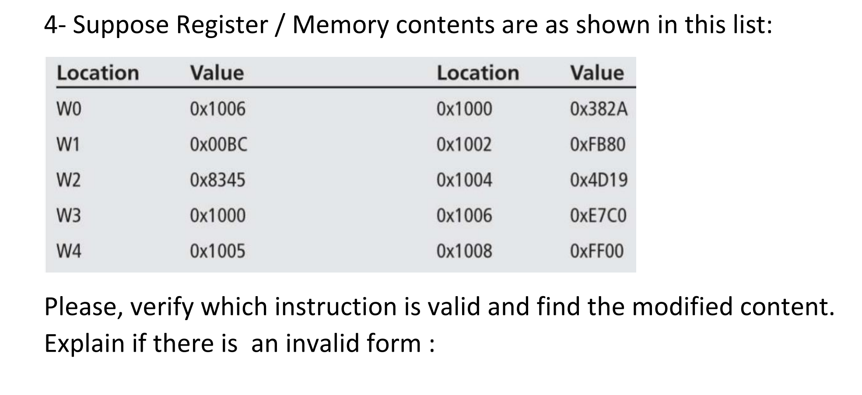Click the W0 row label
coord(69,109)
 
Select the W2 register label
coord(69,180)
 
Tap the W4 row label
coord(69,252)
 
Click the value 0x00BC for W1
coord(218,145)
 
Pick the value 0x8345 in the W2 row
coord(217,180)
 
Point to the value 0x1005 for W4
coord(217,252)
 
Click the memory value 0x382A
coord(598,109)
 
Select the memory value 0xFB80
coord(597,145)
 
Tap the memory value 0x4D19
coord(598,180)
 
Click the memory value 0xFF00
coord(596,252)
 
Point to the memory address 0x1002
coord(464,145)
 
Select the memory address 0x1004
coord(464,180)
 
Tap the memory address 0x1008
coord(464,252)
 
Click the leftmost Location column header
coord(98,73)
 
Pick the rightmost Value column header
coord(596,73)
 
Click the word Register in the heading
coord(222,25)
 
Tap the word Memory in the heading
coord(340,25)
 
